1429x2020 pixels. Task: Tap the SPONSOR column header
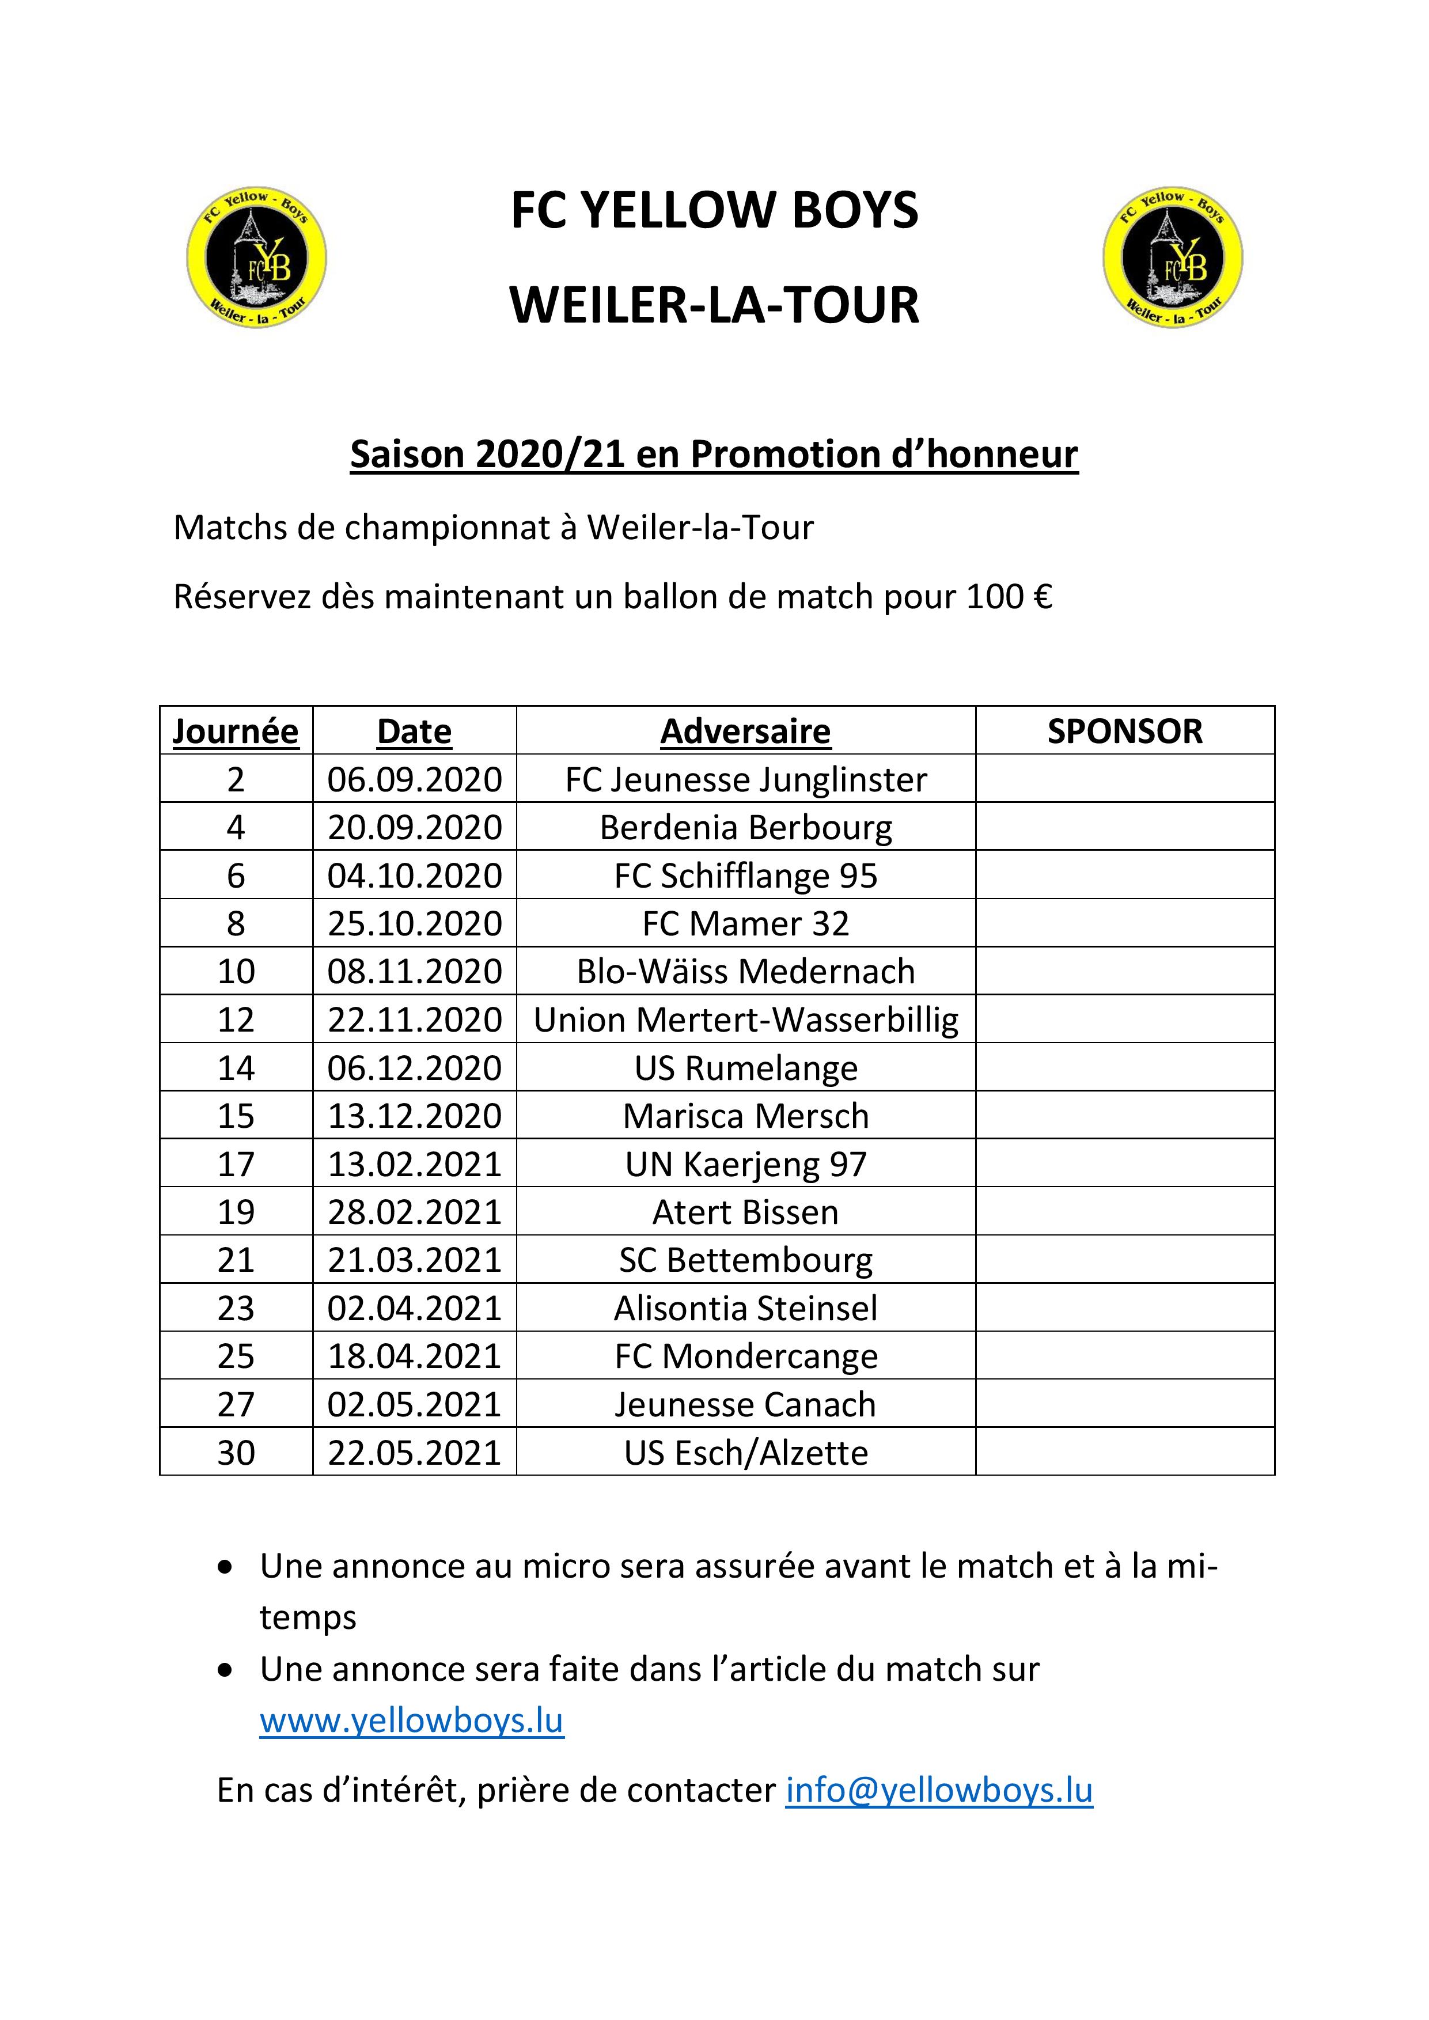(x=1124, y=731)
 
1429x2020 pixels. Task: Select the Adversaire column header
(x=745, y=731)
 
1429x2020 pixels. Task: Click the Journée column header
(x=235, y=731)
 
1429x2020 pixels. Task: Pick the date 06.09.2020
(x=415, y=779)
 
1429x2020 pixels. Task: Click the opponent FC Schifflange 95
(x=745, y=876)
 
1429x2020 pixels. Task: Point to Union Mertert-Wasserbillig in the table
(x=745, y=1020)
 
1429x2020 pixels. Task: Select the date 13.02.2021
(x=415, y=1164)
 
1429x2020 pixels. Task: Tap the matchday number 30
(x=236, y=1453)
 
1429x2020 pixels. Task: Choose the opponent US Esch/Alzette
(x=745, y=1453)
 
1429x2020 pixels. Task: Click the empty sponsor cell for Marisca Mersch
(x=1124, y=1116)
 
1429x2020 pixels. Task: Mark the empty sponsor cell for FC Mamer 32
(x=1124, y=923)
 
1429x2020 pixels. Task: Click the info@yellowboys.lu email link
(x=939, y=1790)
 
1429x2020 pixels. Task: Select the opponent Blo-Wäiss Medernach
(x=745, y=971)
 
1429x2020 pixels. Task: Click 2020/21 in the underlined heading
(x=550, y=454)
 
